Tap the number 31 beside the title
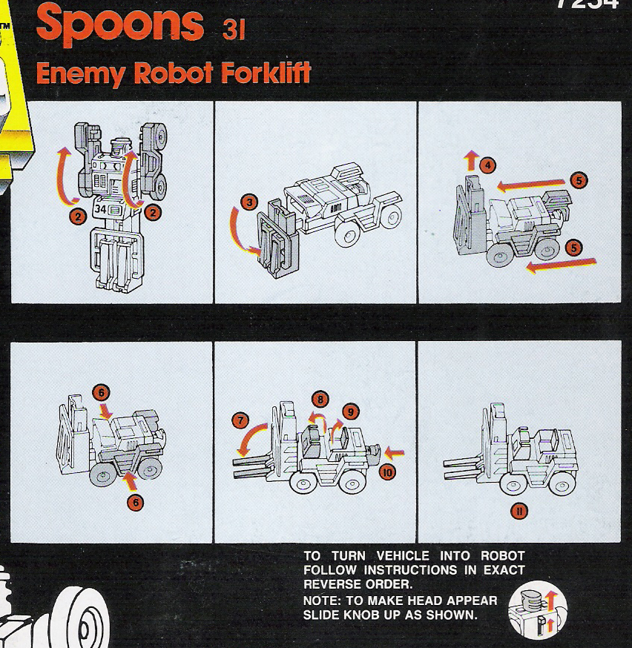[234, 32]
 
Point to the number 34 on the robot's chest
[101, 210]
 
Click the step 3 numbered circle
[250, 202]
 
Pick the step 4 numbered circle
[487, 166]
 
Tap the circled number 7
[239, 420]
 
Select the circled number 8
[319, 399]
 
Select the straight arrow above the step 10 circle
[393, 451]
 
